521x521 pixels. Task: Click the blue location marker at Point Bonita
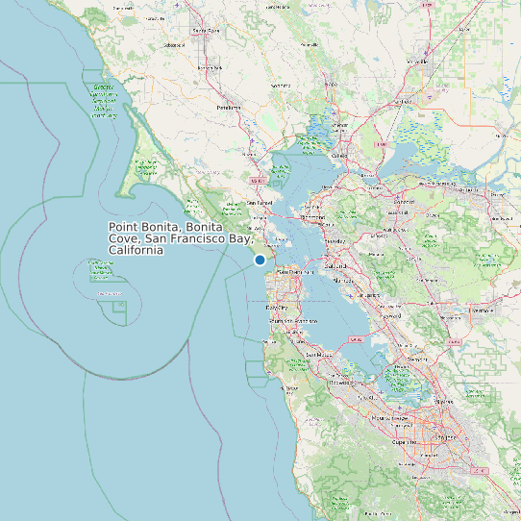click(x=260, y=260)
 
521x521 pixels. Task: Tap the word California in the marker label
click(x=136, y=250)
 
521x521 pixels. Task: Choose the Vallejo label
click(x=338, y=155)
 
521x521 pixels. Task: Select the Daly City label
click(x=275, y=307)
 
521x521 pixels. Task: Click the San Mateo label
click(x=318, y=355)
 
